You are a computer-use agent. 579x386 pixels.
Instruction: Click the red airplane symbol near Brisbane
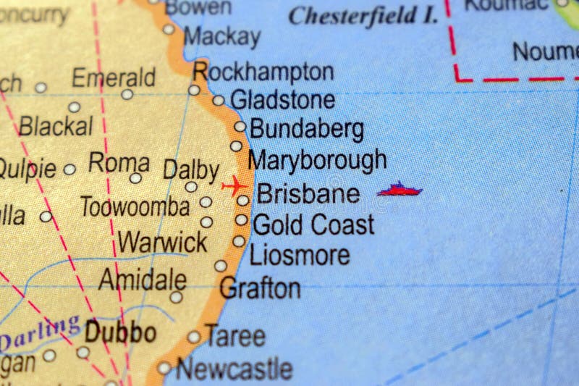click(x=234, y=186)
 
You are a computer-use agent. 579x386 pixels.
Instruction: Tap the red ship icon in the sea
click(x=400, y=190)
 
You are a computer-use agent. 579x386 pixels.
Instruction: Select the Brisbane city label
click(x=308, y=194)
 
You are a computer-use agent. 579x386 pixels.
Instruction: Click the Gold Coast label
click(x=313, y=225)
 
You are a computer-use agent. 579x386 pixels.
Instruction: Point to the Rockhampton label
click(x=263, y=72)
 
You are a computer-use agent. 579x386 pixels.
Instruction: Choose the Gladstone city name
click(x=282, y=100)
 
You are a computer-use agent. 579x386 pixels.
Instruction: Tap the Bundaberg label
click(x=306, y=130)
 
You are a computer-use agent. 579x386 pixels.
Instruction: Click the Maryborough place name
click(x=316, y=159)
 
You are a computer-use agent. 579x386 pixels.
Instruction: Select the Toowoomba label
click(x=135, y=207)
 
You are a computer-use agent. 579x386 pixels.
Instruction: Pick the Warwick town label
click(x=163, y=242)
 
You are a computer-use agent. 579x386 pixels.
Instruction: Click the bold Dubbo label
click(x=120, y=332)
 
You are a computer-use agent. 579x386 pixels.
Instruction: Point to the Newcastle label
click(x=234, y=369)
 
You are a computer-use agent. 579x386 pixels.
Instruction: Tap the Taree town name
click(x=234, y=335)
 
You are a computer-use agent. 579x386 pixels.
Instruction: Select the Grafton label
click(x=260, y=288)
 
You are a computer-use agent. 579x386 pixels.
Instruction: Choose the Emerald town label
click(x=114, y=77)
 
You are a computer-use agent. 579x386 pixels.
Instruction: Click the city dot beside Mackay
click(x=169, y=29)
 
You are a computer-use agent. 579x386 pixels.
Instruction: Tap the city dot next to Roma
click(x=135, y=178)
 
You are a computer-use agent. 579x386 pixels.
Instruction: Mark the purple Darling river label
click(x=40, y=332)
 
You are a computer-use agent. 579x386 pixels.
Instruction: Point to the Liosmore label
click(x=300, y=255)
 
